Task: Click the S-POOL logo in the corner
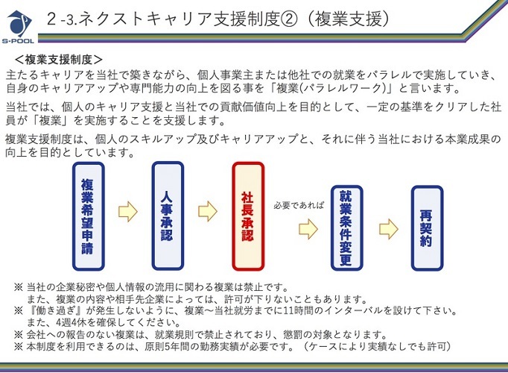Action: tap(18, 27)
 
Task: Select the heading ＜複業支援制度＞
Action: tap(59, 60)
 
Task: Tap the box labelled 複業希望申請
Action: tap(88, 216)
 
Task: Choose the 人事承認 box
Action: tap(168, 216)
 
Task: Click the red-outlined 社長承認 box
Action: tap(248, 216)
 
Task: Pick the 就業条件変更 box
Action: tap(346, 228)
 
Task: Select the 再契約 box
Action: tap(427, 228)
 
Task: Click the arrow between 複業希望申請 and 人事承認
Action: tap(128, 211)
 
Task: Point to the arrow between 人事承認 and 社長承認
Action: tap(208, 211)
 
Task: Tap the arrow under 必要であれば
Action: tap(308, 229)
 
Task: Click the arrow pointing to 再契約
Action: tap(389, 229)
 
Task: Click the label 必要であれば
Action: tap(299, 205)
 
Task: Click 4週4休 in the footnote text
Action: tap(74, 323)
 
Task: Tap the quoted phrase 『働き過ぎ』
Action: tap(56, 311)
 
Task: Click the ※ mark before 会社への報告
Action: tap(19, 334)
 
